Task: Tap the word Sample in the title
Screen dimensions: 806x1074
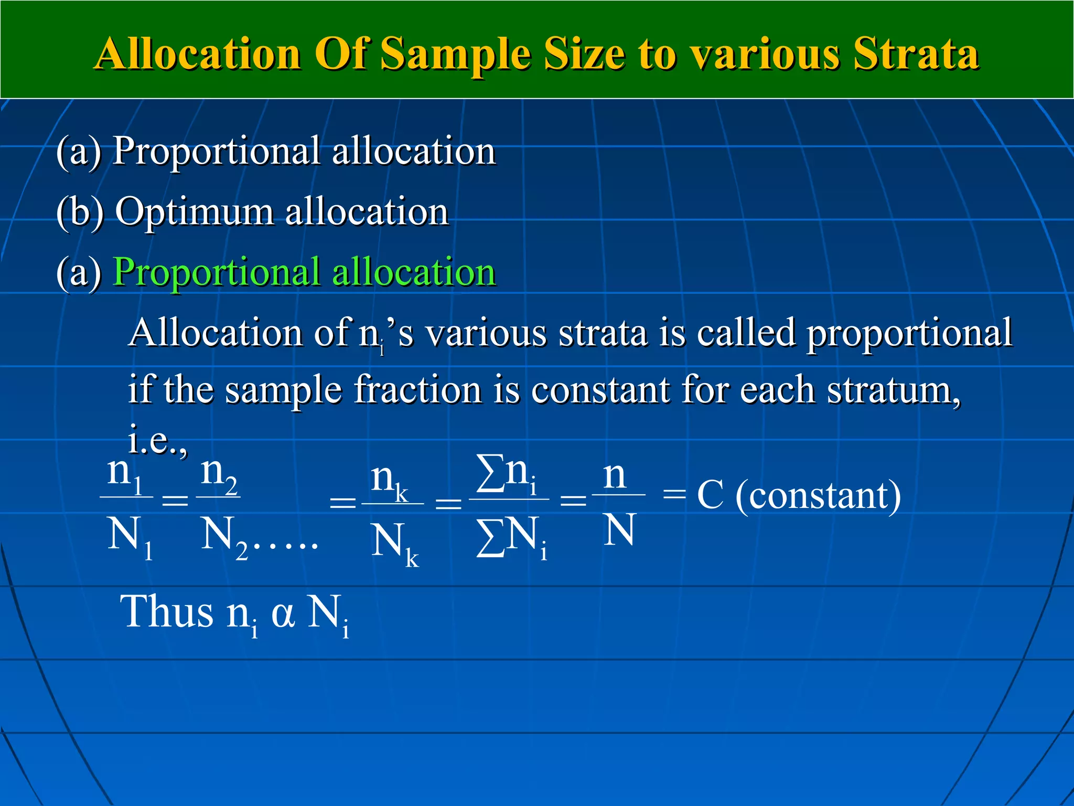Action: [454, 55]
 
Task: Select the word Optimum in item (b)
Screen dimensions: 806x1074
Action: [194, 211]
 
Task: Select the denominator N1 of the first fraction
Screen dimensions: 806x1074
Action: [129, 536]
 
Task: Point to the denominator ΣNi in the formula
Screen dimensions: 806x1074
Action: [511, 537]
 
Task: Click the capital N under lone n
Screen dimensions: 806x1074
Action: [619, 530]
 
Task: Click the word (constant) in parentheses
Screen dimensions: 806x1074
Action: [818, 496]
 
